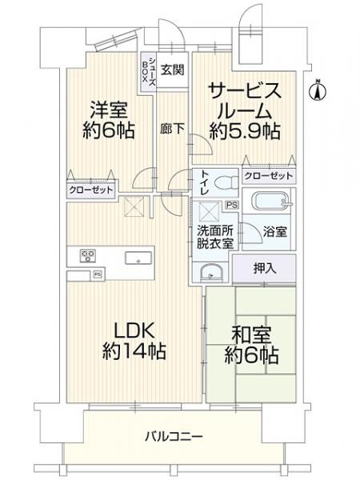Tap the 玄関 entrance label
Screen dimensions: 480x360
[170, 70]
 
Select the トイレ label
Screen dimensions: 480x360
[205, 183]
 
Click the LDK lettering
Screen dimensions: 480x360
[126, 330]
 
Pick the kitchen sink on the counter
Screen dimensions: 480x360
[134, 258]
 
